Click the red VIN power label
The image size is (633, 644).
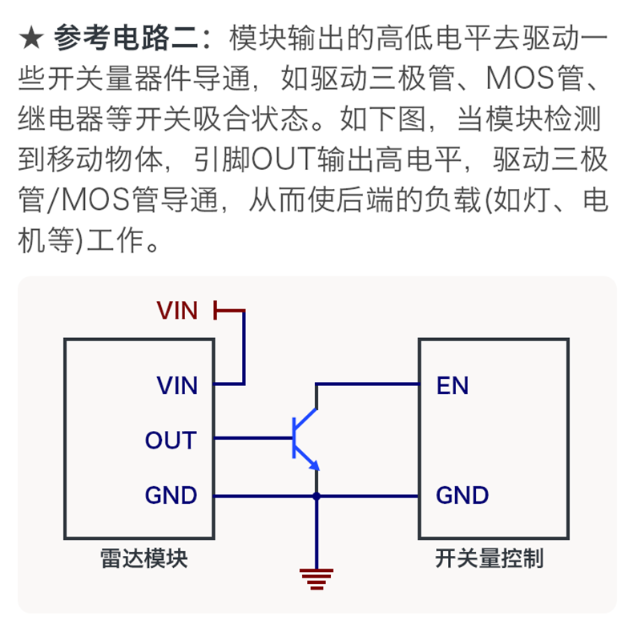[177, 311]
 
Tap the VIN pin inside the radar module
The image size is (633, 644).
[177, 385]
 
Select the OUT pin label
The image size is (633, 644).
[171, 441]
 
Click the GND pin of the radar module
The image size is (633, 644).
[171, 495]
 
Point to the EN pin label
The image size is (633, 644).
[452, 385]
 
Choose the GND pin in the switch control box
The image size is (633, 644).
[462, 495]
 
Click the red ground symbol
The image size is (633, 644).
[316, 579]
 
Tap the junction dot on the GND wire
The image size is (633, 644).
[316, 497]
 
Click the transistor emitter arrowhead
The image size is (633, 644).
[315, 465]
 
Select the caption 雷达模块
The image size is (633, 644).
[143, 558]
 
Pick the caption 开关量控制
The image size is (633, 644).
[490, 558]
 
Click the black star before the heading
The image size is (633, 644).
[31, 38]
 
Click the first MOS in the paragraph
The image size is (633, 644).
[519, 78]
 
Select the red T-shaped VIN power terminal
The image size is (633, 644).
[229, 311]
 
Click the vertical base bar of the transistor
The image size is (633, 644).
[294, 438]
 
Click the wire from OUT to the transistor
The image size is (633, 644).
[253, 438]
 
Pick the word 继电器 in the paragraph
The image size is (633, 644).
[61, 119]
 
